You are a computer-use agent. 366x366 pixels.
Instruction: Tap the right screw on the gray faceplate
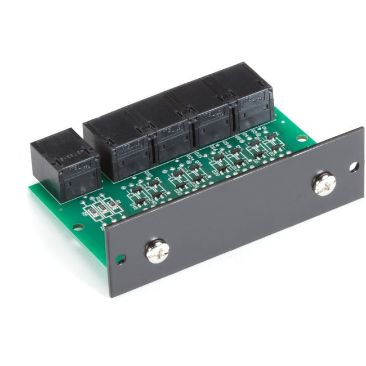(x=325, y=184)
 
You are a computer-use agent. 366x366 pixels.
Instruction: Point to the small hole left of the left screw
(x=120, y=260)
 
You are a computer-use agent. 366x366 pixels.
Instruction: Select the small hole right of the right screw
(x=354, y=167)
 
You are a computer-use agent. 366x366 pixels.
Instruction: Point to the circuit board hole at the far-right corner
(x=302, y=138)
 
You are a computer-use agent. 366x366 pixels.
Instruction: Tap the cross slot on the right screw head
(x=325, y=184)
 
